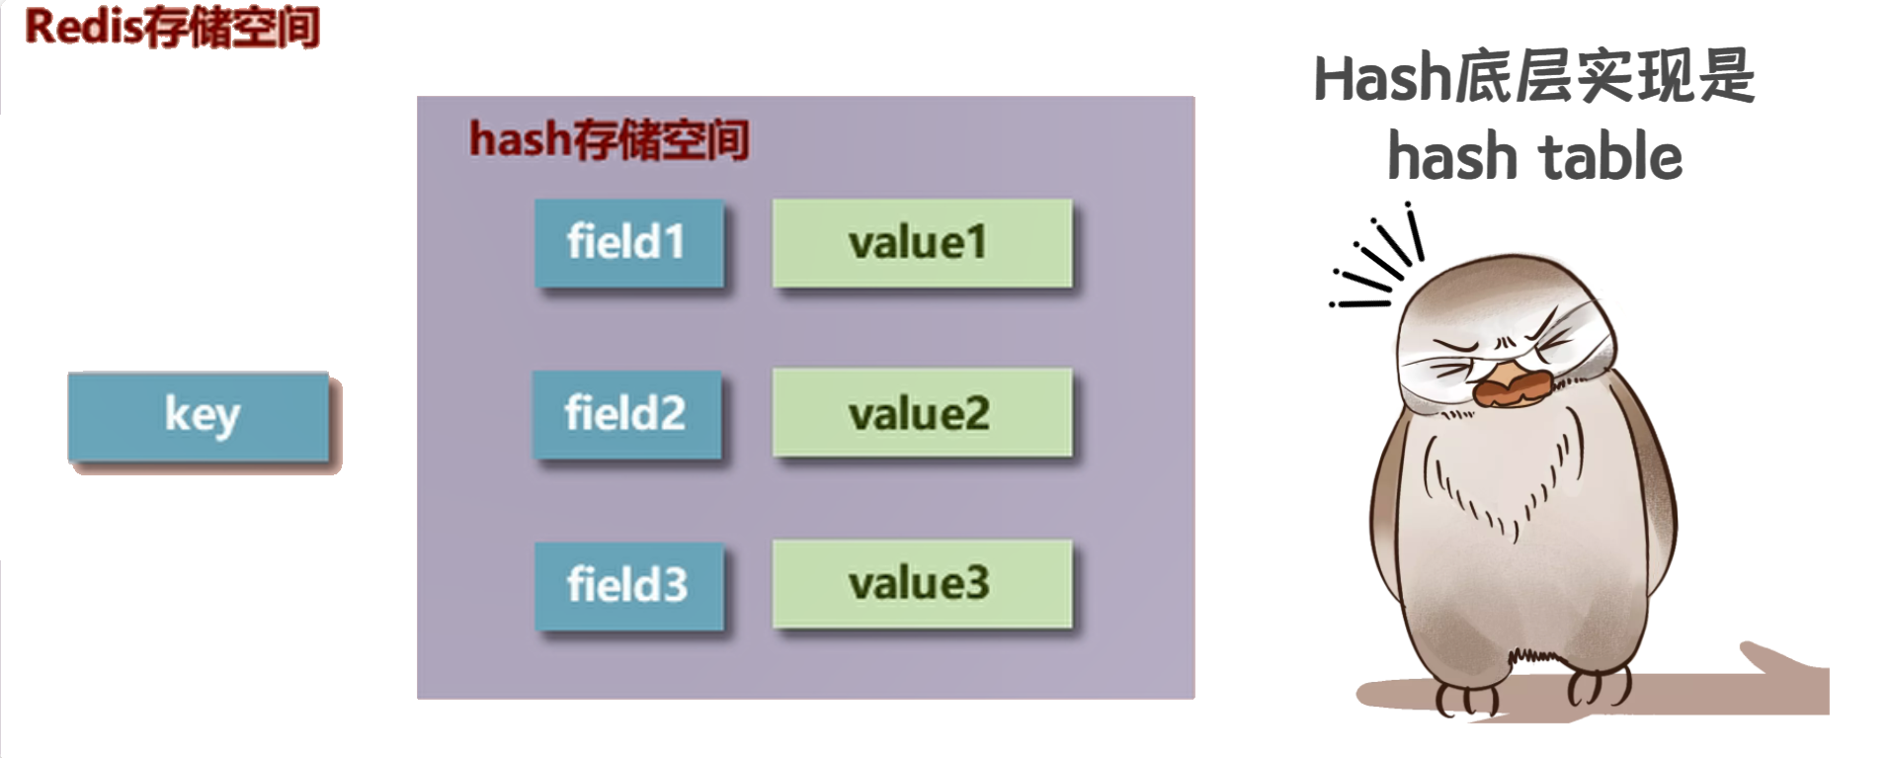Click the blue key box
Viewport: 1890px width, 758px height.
point(199,416)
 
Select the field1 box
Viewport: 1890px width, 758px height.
point(628,243)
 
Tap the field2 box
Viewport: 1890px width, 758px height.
point(626,414)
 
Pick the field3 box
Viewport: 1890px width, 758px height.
point(628,585)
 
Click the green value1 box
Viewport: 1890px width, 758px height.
point(921,243)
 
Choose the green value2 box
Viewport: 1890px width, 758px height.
point(921,413)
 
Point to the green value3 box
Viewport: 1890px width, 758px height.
point(921,583)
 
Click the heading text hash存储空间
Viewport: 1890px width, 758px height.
point(609,139)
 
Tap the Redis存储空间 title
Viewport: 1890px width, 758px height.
point(172,27)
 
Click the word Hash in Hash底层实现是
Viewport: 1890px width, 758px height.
point(1381,79)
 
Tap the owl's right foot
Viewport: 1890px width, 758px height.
point(1598,686)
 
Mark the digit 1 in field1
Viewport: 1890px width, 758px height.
point(673,243)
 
